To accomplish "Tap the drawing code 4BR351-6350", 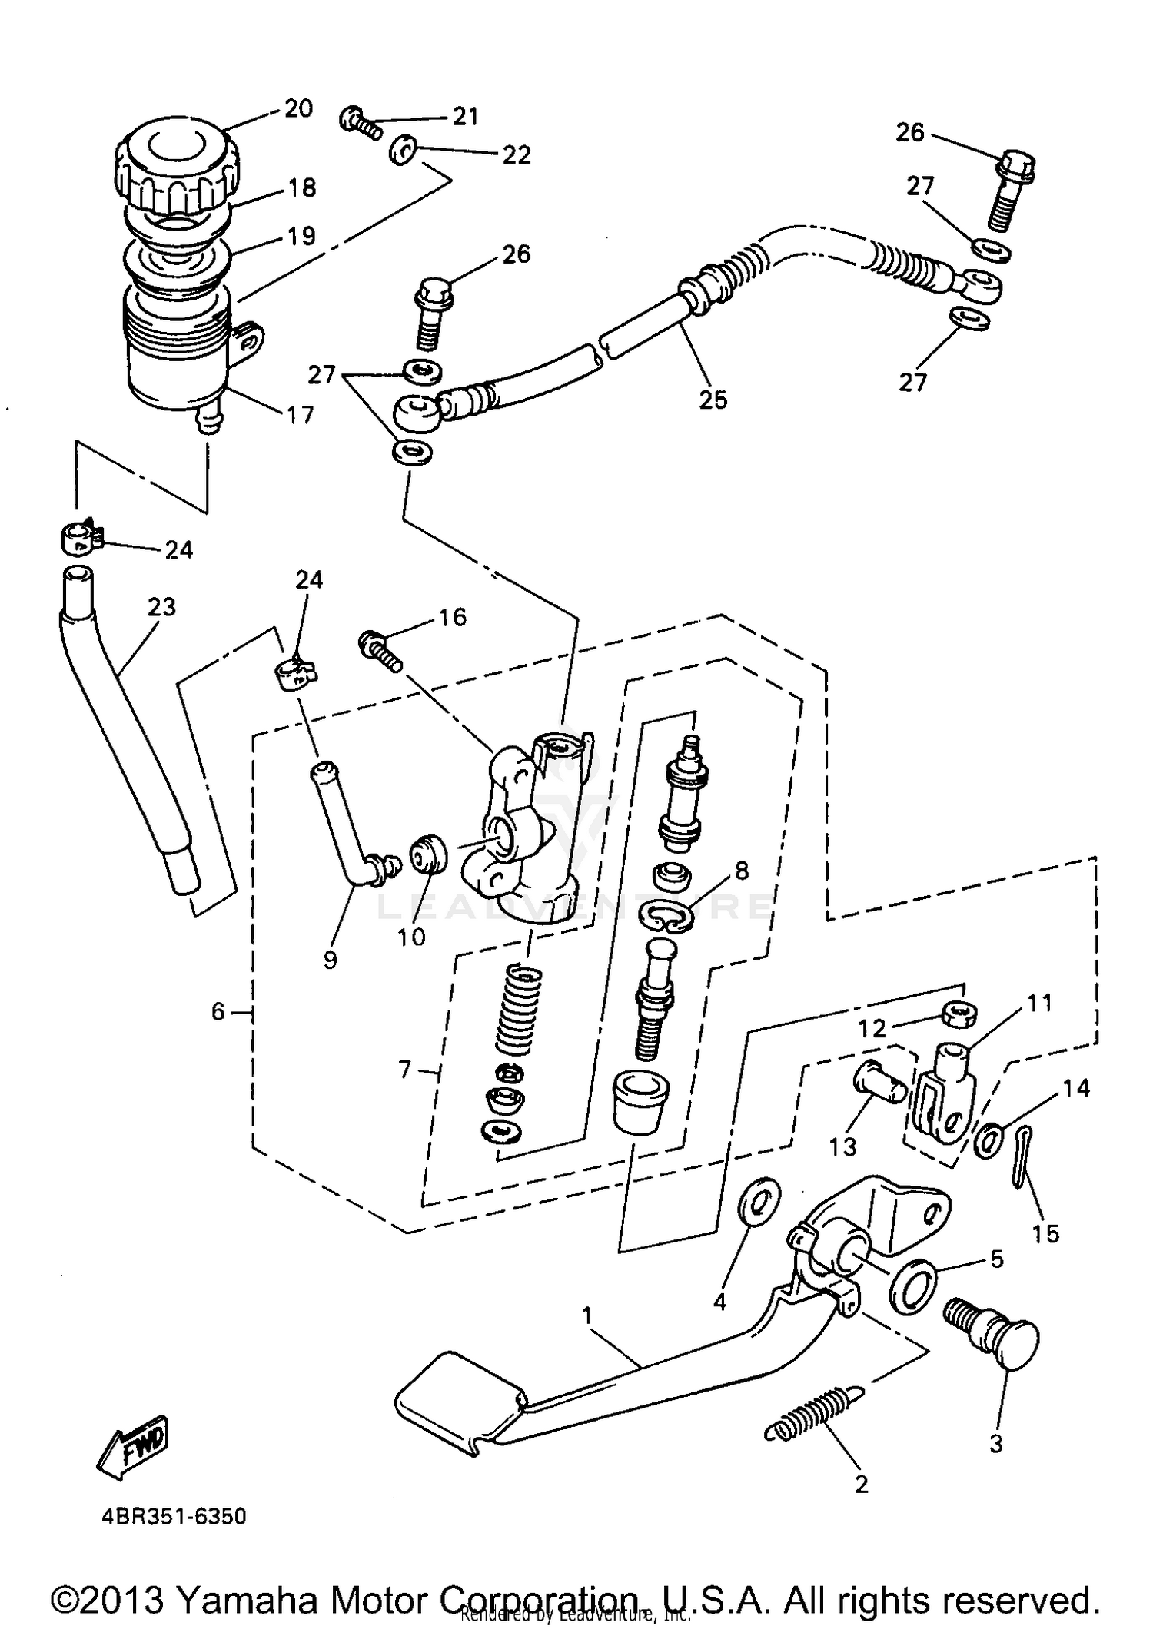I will pos(174,1517).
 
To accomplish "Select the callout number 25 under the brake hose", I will pos(713,400).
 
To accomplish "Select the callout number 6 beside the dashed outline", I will pos(218,1012).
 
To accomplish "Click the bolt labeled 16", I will pos(380,649).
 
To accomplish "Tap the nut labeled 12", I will pos(958,1013).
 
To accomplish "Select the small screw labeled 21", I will pos(359,122).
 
